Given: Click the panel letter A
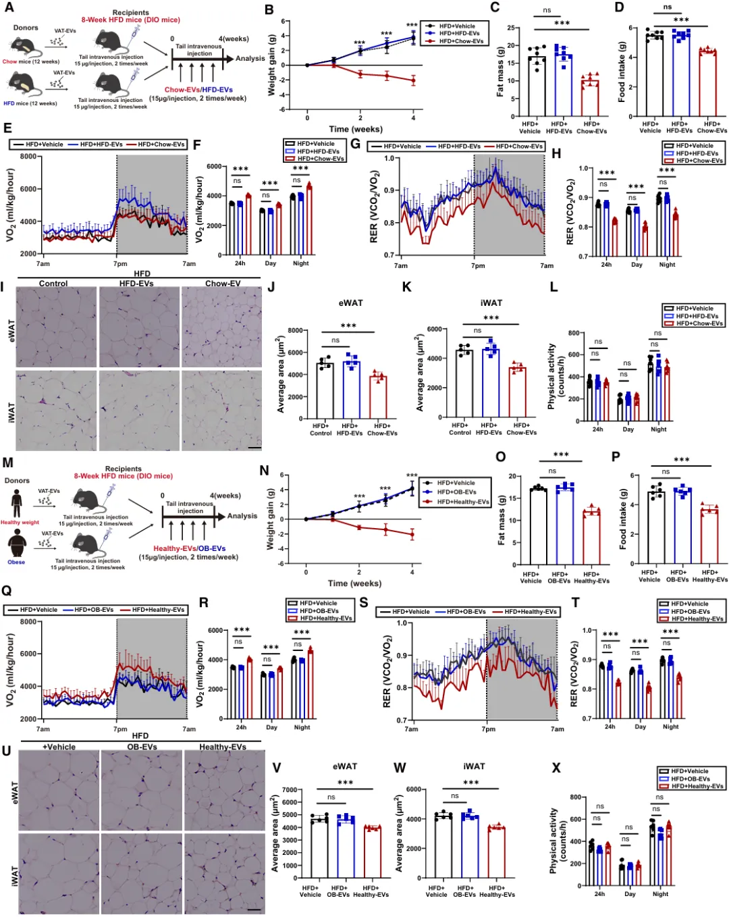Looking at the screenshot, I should [9, 7].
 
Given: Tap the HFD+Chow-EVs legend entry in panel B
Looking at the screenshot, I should [461, 41].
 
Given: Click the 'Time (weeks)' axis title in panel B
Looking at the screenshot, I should [355, 129].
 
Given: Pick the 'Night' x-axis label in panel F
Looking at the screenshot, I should [301, 263].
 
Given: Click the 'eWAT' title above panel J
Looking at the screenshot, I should [350, 303].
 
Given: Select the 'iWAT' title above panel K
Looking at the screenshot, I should [491, 303].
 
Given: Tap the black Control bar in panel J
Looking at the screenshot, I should [325, 391].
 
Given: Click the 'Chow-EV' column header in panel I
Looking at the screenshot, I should [223, 284].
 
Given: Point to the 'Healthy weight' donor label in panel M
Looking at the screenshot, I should [20, 522].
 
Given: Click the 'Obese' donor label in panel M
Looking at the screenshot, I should [16, 562].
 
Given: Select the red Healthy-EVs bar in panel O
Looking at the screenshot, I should [591, 539].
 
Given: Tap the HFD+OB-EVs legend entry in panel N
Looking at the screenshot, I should [456, 492].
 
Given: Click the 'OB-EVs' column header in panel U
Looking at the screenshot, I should [142, 747].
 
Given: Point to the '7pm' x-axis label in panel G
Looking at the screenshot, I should [478, 265].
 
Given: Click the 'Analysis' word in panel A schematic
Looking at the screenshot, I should [250, 59].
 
